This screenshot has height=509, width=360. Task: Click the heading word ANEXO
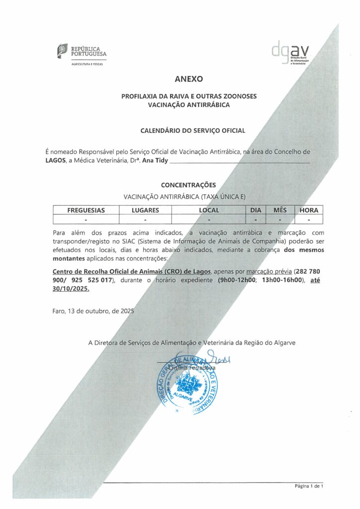coord(189,79)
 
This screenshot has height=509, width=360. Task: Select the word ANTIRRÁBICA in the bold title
coord(208,105)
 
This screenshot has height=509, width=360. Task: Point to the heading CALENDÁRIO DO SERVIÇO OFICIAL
coord(193,131)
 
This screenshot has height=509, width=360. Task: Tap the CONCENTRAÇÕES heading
coord(188,185)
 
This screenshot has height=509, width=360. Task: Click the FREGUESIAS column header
coord(86,210)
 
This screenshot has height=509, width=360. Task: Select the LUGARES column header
coord(145,210)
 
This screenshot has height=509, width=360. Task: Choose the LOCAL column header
coord(209,210)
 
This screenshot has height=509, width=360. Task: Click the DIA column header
coord(256,210)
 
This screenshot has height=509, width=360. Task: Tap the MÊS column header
coord(280,210)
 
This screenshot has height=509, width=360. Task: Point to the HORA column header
coord(309,210)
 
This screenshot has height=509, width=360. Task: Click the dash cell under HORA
coord(309,219)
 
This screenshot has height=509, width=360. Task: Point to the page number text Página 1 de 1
coord(309,486)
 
